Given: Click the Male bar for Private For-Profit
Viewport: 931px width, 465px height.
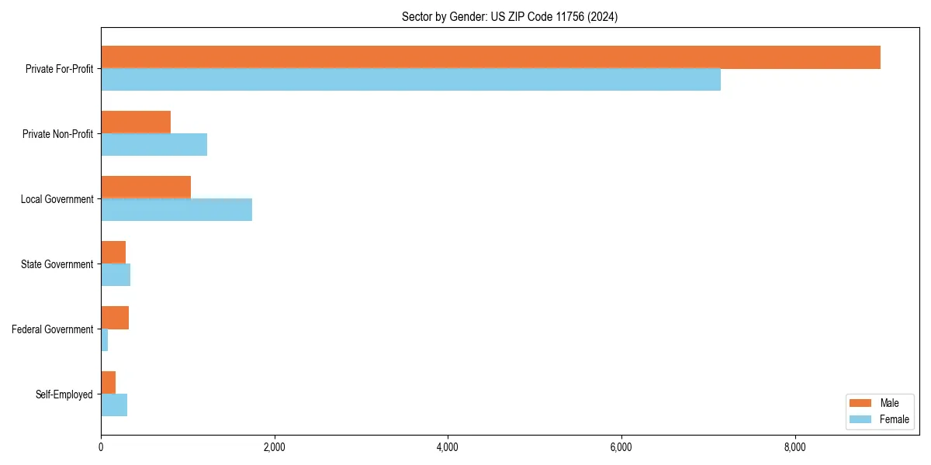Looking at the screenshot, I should [490, 57].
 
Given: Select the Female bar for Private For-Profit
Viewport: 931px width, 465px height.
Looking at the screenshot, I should [410, 79].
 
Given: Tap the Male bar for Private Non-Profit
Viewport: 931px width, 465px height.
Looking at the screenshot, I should [136, 122].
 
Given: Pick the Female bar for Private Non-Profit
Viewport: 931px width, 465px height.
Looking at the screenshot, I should [154, 144].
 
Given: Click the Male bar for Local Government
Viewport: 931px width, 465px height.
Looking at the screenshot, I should [146, 188].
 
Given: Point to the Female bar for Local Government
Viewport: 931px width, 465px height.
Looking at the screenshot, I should [176, 209].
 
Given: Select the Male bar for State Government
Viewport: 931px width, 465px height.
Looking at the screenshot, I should [113, 253].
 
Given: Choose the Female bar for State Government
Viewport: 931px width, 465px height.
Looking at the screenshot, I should [116, 274].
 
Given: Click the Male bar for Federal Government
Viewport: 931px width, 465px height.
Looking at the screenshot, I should [115, 318].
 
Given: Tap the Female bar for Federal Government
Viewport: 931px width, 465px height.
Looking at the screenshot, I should [104, 339].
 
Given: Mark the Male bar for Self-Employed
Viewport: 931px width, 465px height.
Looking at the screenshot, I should [108, 383].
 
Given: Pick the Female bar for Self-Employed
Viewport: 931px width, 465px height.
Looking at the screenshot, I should [114, 405].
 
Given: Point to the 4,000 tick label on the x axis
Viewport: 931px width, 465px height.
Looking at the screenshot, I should [448, 447].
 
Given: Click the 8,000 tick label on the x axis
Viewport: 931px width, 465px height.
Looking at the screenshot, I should [795, 447].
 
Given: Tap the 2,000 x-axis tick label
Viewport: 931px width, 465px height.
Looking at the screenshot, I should [274, 447].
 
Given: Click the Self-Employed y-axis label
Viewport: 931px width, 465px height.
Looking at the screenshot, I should [64, 394].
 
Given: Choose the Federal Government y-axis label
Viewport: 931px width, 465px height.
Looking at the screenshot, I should [53, 329].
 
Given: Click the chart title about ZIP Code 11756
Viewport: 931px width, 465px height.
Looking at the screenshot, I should [510, 16].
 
